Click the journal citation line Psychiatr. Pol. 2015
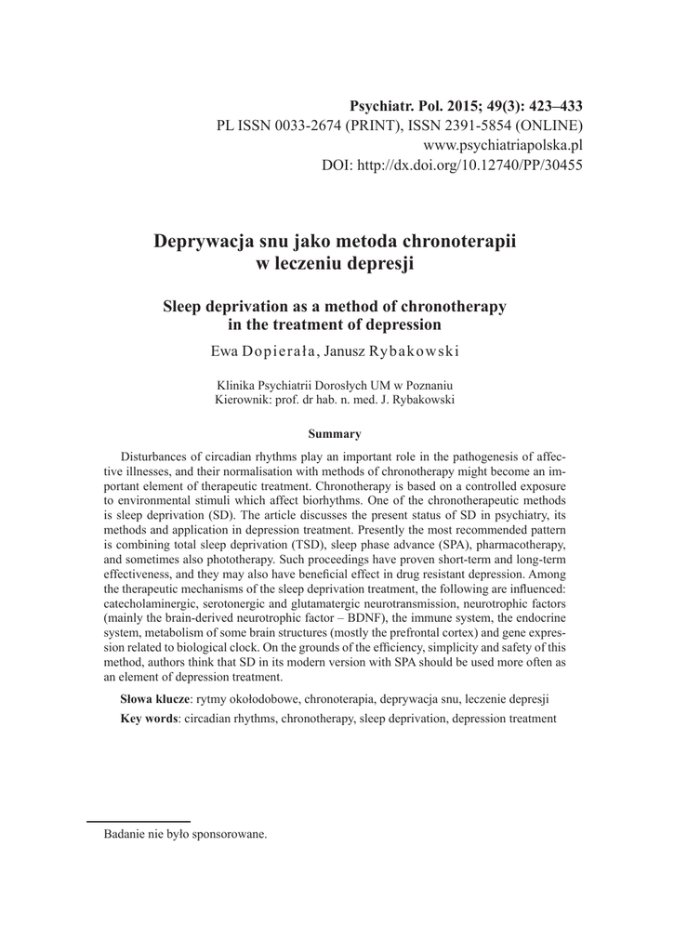tap(465, 105)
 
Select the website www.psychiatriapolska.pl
tap(503, 146)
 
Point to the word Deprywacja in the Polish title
tap(197, 241)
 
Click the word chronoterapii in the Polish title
tap(457, 241)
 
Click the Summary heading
tap(335, 433)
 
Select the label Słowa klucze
tap(154, 697)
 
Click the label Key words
tap(149, 719)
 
